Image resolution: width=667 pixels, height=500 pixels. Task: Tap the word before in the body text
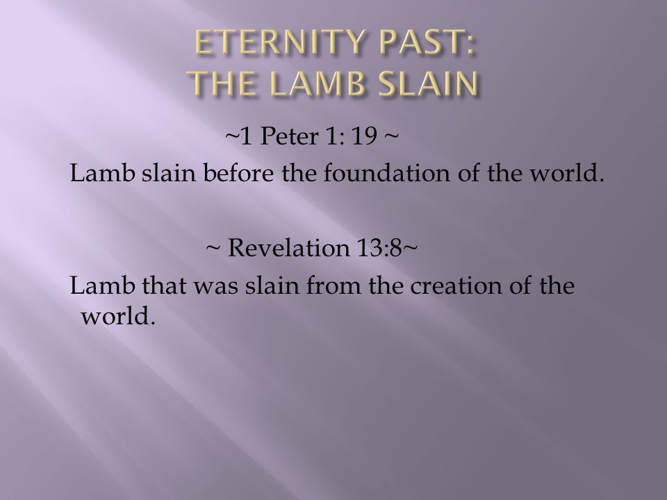(x=238, y=173)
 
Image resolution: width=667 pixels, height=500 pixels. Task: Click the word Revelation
(x=288, y=247)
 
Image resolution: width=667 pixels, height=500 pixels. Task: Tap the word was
(x=215, y=285)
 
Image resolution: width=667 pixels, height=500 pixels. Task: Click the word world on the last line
(x=118, y=315)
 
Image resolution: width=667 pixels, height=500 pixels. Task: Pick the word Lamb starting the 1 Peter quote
(x=102, y=173)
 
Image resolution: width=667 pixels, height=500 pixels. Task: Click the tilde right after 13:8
(x=409, y=247)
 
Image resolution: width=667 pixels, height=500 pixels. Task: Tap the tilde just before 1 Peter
(x=232, y=136)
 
